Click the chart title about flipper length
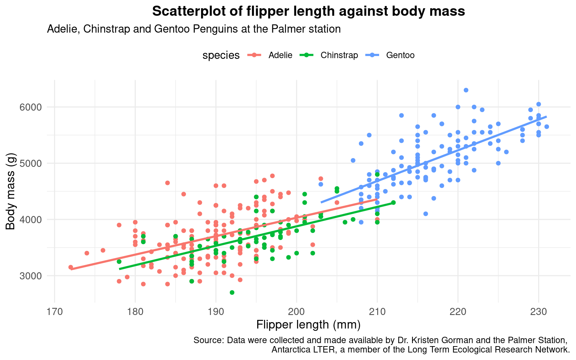[x=308, y=12]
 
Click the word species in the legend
[x=221, y=55]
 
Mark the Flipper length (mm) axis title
[x=308, y=325]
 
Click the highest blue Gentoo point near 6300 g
[x=466, y=90]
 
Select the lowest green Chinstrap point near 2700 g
[x=232, y=292]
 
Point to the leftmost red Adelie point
[x=70, y=267]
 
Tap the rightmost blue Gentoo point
[x=546, y=127]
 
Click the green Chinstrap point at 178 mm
[x=119, y=261]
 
